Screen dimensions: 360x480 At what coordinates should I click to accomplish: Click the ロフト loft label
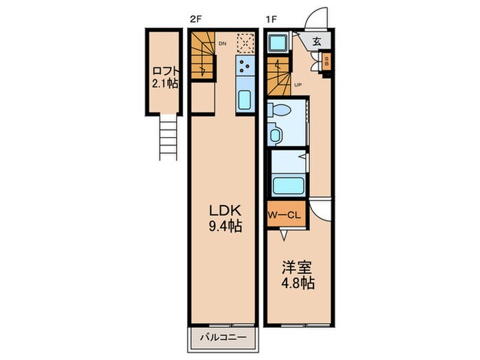165,77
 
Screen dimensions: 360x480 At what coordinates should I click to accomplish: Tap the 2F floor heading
195,19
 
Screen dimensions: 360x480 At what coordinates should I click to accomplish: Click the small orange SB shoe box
326,61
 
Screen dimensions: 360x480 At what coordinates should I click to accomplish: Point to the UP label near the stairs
298,85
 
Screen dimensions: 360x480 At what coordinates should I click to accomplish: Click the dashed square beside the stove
244,43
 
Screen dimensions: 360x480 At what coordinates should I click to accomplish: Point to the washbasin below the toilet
276,134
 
